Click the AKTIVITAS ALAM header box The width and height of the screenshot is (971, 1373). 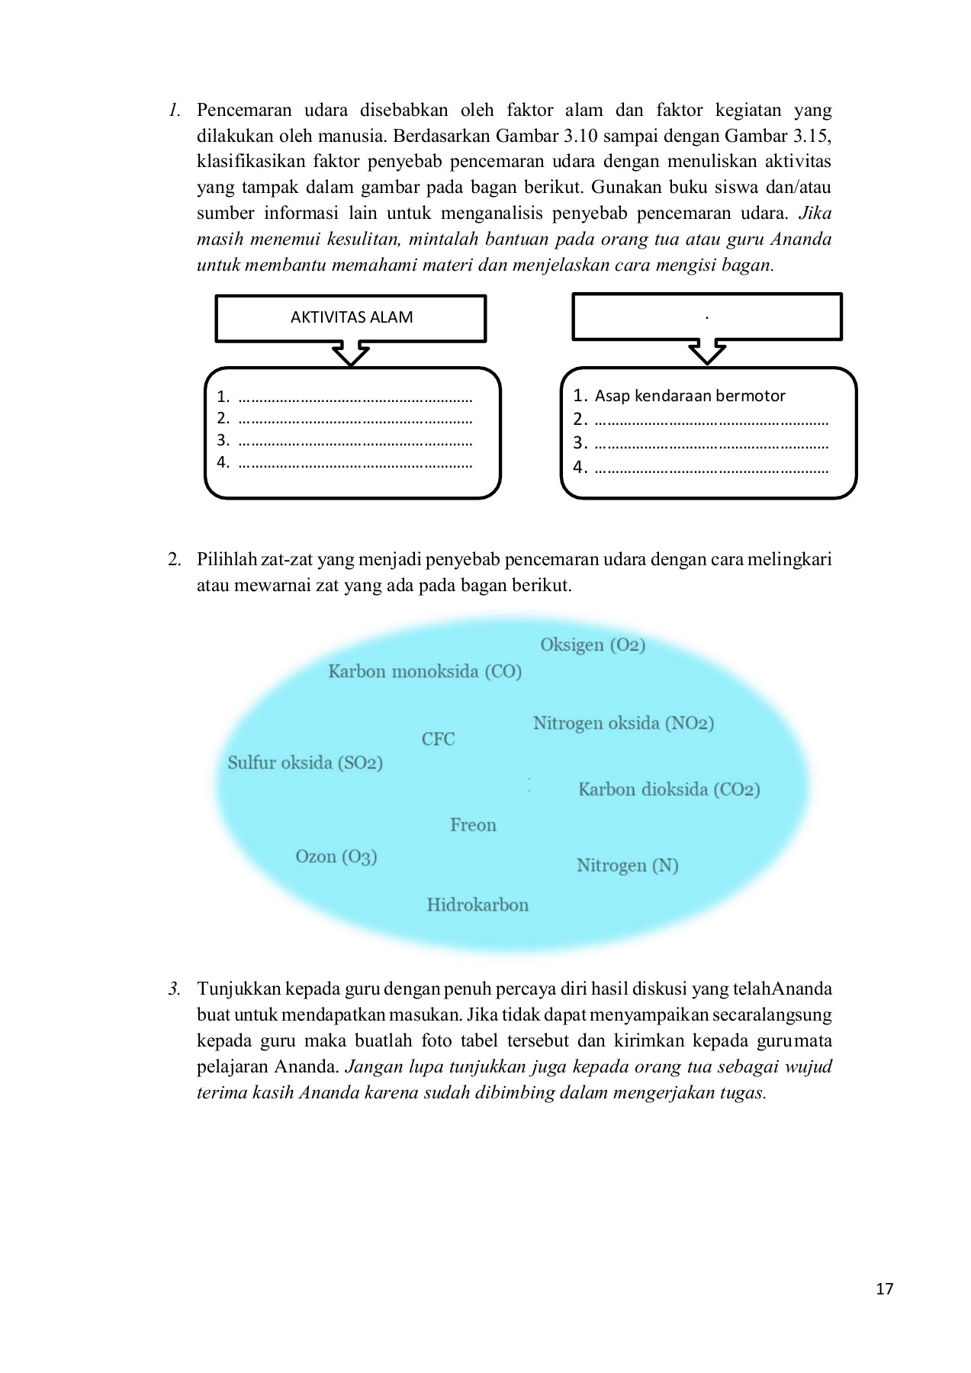(x=351, y=317)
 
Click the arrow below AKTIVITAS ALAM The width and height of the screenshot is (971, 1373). (x=351, y=355)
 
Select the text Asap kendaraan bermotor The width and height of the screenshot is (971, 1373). (x=690, y=396)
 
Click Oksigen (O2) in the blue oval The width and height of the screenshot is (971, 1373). (x=593, y=645)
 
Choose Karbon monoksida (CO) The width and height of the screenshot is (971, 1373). (x=425, y=672)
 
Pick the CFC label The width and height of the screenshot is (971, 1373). (x=438, y=739)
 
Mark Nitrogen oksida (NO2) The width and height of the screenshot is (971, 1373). (x=623, y=723)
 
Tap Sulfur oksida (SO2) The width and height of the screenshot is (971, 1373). (x=305, y=763)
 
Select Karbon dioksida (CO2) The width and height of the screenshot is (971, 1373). (x=669, y=789)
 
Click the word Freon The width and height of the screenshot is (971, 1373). (x=473, y=825)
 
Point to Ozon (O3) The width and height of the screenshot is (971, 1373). (x=336, y=857)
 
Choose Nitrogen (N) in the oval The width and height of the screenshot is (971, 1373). (x=627, y=866)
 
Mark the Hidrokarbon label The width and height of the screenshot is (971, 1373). (x=477, y=905)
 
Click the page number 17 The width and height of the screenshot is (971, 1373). (x=885, y=1289)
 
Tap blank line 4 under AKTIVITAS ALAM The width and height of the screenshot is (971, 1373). (x=355, y=463)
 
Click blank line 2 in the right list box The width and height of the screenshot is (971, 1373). (x=711, y=420)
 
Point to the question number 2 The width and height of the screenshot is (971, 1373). (x=175, y=560)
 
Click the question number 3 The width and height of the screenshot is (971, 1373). (x=175, y=989)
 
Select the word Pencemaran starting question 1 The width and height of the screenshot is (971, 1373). (x=244, y=111)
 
